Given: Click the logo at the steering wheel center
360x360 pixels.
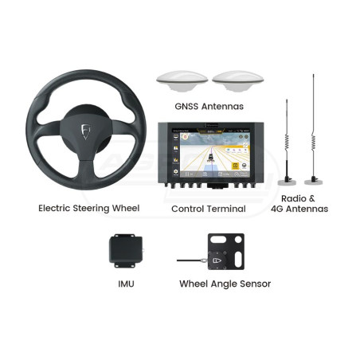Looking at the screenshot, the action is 85,131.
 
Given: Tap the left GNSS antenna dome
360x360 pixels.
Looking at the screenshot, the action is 182,80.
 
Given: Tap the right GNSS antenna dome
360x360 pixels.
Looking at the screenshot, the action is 238,80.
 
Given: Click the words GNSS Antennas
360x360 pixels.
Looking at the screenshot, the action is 209,107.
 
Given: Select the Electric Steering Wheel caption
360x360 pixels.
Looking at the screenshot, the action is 89,208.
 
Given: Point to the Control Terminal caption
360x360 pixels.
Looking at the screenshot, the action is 209,209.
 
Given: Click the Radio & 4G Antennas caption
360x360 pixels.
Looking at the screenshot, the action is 299,204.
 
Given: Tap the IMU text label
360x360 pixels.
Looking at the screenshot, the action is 126,284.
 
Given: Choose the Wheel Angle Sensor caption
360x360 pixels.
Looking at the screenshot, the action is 225,284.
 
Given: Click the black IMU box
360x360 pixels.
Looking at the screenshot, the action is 126,251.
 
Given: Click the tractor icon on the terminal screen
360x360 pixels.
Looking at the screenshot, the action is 211,158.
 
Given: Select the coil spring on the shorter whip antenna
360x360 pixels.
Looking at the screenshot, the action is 287,143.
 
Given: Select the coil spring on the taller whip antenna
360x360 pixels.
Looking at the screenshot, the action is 314,143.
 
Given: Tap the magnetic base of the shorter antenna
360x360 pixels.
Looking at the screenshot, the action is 287,182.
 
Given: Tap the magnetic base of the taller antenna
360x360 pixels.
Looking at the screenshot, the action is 314,182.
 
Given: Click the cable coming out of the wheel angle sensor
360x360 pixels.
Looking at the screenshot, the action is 190,260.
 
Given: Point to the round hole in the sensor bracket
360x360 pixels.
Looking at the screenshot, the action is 238,240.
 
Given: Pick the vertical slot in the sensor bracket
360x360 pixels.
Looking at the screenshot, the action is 238,259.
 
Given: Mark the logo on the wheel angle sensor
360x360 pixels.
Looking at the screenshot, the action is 217,260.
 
